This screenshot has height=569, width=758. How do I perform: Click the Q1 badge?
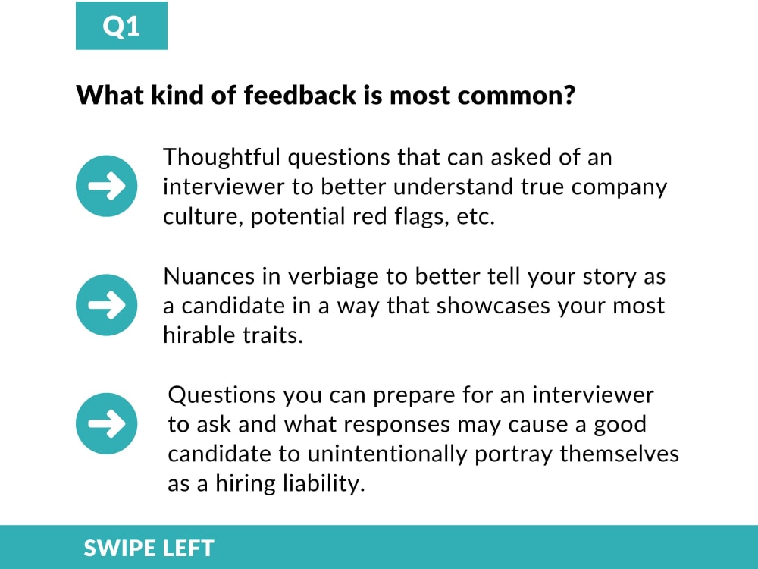pyautogui.click(x=121, y=27)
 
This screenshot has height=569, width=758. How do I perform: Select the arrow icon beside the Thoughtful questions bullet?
pyautogui.click(x=107, y=186)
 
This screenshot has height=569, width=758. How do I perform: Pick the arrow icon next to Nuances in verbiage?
pyautogui.click(x=107, y=305)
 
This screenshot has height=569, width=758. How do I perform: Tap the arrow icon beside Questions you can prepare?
pyautogui.click(x=107, y=423)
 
